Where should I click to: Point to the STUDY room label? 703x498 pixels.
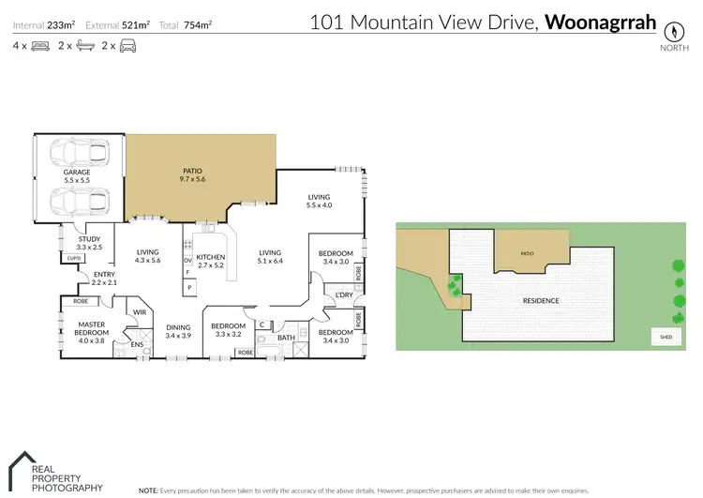click(x=89, y=239)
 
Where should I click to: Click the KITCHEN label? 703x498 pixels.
click(x=211, y=256)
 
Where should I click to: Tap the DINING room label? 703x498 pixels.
click(x=178, y=327)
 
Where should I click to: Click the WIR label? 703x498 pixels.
click(x=138, y=312)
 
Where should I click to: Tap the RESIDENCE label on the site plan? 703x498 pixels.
click(x=541, y=301)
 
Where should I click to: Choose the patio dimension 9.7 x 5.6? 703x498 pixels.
click(x=192, y=179)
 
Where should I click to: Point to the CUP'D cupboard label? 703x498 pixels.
click(x=73, y=258)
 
